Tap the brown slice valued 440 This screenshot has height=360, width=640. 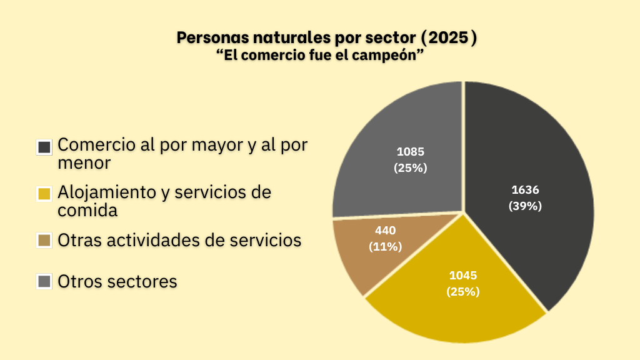pos(356,262)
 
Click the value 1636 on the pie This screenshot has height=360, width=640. pos(525,190)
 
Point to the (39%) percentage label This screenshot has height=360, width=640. pos(525,206)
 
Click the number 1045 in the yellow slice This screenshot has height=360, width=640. pos(463,275)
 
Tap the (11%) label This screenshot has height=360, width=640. pos(385,246)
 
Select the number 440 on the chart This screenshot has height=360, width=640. pos(385,231)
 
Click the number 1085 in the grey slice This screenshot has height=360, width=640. pos(410,151)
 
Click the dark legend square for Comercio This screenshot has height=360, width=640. pos(44,147)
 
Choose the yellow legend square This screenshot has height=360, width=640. pos(44,194)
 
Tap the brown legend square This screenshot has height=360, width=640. pos(44,241)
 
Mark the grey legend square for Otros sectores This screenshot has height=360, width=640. pos(44,282)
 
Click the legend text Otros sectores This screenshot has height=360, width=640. pos(117,281)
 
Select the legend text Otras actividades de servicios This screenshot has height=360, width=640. pos(179,240)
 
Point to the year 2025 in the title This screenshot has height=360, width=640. pos(446,37)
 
